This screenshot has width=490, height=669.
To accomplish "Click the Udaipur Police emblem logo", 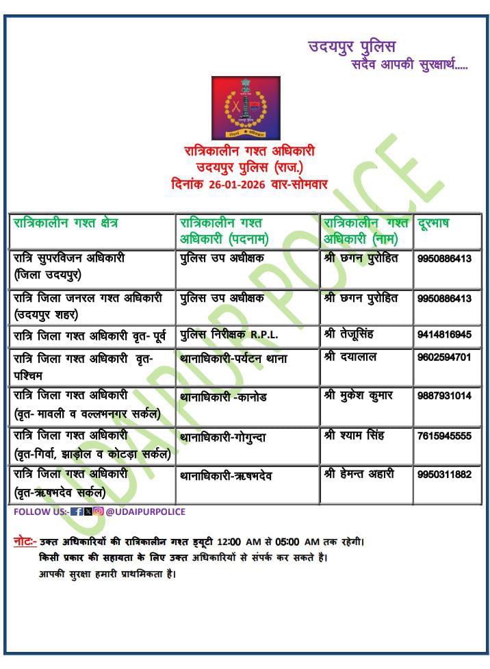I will coord(246,107).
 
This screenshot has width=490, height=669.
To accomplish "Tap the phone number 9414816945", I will coord(444,335).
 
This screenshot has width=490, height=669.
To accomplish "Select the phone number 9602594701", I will coord(444,357).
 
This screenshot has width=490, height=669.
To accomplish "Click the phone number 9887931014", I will coord(444,396).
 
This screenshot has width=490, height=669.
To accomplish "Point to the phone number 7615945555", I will coord(444,436).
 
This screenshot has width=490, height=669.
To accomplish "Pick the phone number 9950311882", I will coord(444,475).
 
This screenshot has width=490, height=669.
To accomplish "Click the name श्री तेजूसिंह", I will coord(349,335).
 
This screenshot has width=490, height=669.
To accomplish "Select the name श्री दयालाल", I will coord(350,357).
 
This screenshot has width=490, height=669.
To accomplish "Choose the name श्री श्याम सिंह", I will coord(353,436).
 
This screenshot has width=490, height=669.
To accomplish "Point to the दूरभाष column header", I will coord(434,223).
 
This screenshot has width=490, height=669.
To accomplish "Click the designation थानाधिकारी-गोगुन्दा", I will coord(223,437).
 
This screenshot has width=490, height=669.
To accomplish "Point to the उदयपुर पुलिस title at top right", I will coord(352,47).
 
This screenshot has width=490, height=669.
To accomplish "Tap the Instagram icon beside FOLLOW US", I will coord(99,512).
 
